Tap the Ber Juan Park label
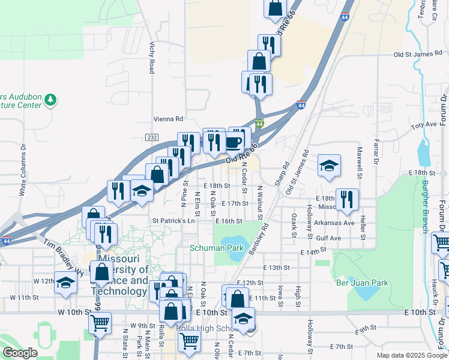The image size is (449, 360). click(x=363, y=283)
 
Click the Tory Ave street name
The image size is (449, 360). click(x=424, y=125)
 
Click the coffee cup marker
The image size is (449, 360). click(x=233, y=143)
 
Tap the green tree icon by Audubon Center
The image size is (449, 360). click(x=50, y=99)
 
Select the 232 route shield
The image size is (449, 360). click(x=152, y=137)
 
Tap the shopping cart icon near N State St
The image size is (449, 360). click(x=99, y=323)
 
